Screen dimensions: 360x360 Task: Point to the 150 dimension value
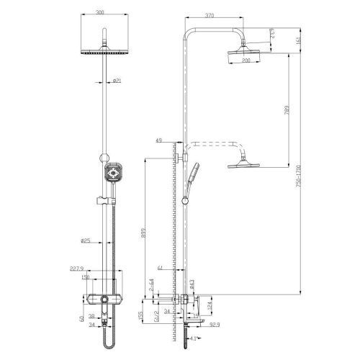point(84,277)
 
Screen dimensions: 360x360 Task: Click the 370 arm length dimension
point(210,14)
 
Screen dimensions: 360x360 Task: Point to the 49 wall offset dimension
point(158,141)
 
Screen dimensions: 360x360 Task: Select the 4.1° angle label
point(192,337)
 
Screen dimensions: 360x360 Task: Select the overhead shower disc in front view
point(109,53)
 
